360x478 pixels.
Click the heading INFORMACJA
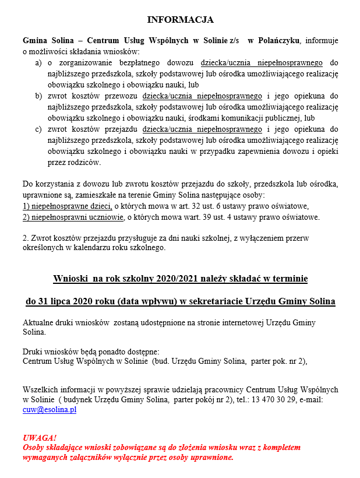click(180, 20)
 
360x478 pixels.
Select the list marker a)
click(38, 62)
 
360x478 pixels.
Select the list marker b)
click(38, 96)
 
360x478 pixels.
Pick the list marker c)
click(38, 129)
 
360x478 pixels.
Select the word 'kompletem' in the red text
click(281, 447)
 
